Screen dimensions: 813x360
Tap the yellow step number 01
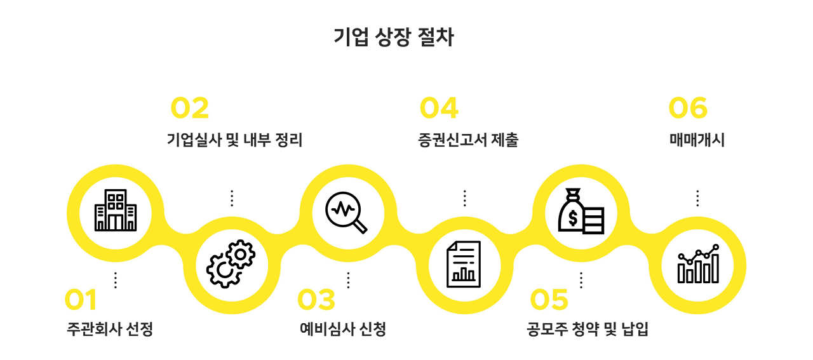(x=81, y=300)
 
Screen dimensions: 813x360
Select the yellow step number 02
(x=190, y=109)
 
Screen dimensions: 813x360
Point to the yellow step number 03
(x=316, y=300)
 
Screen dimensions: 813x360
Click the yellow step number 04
(x=439, y=109)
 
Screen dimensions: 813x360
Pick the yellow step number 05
(x=549, y=300)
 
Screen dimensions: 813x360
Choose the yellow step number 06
(x=688, y=109)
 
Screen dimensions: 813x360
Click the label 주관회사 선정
(x=110, y=330)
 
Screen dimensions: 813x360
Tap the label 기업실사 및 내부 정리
(x=234, y=140)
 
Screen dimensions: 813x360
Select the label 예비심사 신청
(x=343, y=330)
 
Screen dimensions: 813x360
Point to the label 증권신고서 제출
(x=468, y=140)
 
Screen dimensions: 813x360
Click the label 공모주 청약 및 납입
(x=588, y=330)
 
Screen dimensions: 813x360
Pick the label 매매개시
(x=697, y=140)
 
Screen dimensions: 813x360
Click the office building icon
(x=115, y=210)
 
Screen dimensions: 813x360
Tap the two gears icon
(x=231, y=263)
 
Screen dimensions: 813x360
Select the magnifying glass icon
(x=347, y=210)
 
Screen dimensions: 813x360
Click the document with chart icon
(x=464, y=263)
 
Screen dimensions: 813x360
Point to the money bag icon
(x=581, y=211)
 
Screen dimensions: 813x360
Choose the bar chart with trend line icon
(x=698, y=263)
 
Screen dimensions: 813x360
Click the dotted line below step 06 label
(x=697, y=198)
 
